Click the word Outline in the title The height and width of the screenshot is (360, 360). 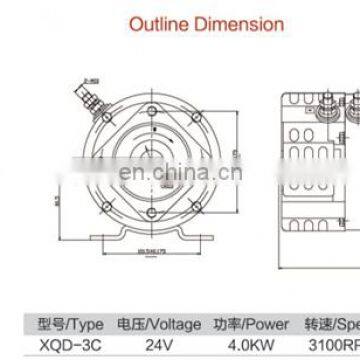[x=153, y=21]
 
